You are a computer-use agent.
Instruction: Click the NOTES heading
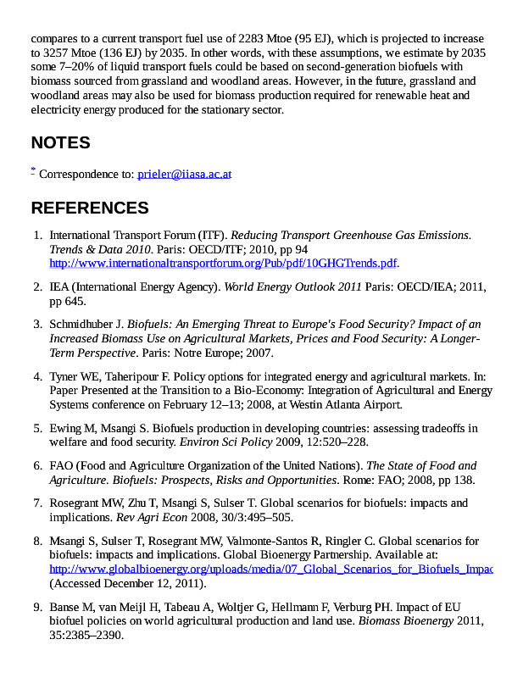point(60,142)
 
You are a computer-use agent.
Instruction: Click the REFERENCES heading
point(90,208)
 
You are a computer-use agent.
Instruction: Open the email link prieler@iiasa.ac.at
point(184,174)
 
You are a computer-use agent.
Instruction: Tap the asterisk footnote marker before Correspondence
point(33,170)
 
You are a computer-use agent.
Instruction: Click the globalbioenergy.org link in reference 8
point(271,569)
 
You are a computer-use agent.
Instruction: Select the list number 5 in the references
point(38,427)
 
